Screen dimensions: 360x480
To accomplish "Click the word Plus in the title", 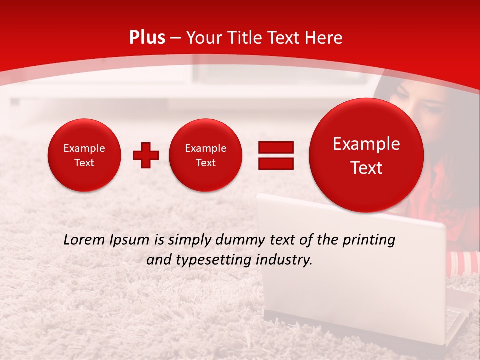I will tap(147, 38).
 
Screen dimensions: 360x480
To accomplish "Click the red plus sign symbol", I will tap(145, 155).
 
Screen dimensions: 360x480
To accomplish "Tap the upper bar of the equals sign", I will tap(275, 147).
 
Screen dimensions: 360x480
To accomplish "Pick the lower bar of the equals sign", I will tap(275, 163).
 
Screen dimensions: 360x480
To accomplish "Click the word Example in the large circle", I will tap(366, 144).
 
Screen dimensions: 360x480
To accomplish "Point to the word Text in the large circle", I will tap(366, 168).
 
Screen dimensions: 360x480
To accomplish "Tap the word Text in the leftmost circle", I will tap(84, 163).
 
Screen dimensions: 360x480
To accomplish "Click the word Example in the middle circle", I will tap(205, 148).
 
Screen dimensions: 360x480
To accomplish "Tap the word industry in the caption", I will tap(283, 260).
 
